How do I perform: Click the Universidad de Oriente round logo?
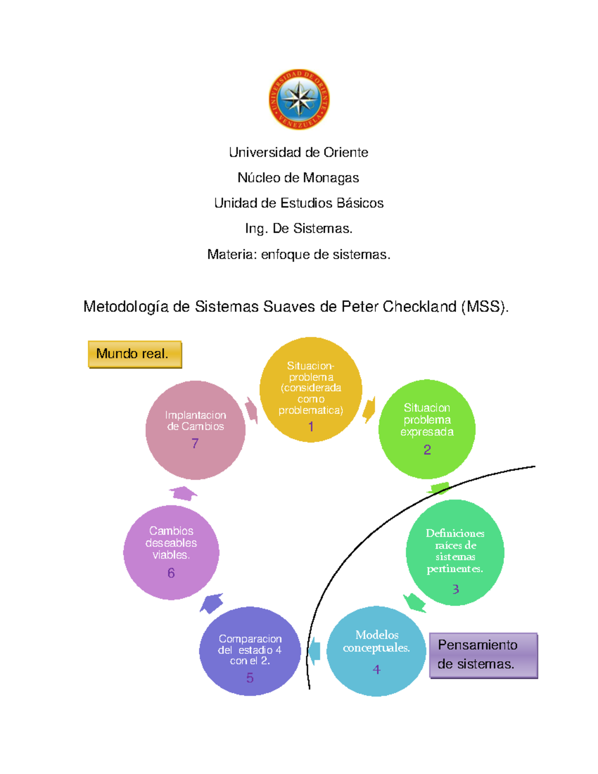click(x=299, y=99)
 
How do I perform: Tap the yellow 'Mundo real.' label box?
click(x=135, y=354)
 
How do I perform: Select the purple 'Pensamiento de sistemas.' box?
click(x=483, y=655)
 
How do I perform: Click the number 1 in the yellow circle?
click(x=311, y=427)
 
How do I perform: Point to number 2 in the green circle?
click(x=427, y=450)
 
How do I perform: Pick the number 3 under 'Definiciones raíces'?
click(x=455, y=589)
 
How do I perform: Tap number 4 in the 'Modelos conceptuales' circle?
click(x=376, y=669)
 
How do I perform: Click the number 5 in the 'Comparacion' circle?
click(x=250, y=677)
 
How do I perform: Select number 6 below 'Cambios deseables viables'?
click(x=171, y=573)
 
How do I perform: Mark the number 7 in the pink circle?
click(x=195, y=443)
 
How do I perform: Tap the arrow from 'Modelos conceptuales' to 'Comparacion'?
click(x=314, y=650)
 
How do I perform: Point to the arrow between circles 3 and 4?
click(x=415, y=602)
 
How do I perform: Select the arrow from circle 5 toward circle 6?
click(x=211, y=603)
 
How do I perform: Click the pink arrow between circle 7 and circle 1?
click(x=252, y=411)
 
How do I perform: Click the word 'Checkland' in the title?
click(x=420, y=307)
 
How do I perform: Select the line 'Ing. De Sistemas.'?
click(x=299, y=229)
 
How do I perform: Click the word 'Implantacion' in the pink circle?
click(x=195, y=415)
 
